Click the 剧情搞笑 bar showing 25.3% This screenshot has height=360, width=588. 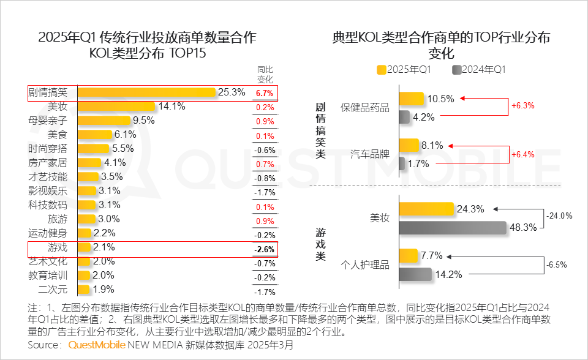coord(147,92)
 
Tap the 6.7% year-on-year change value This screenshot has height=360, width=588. coord(265,93)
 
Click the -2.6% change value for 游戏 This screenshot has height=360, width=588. coord(265,249)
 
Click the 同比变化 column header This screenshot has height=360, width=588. coord(265,74)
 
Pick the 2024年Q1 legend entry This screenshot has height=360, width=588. coord(478,70)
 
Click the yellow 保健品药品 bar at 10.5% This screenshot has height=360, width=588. coord(411,99)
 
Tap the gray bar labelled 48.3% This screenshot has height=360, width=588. coord(453,227)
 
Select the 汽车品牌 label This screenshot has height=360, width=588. coord(369,154)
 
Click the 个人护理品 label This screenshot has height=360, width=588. coord(364,265)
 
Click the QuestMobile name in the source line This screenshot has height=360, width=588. coord(96,345)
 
